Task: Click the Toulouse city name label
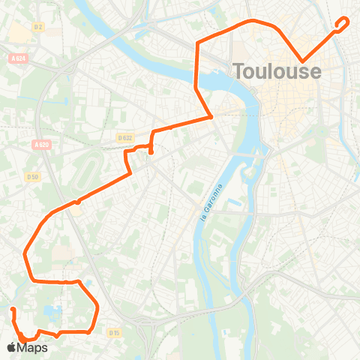(x=277, y=72)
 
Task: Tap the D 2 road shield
(x=39, y=26)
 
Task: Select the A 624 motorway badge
(x=19, y=58)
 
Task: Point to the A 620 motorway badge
(x=41, y=145)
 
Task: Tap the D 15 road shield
(x=114, y=332)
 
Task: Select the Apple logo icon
(x=10, y=348)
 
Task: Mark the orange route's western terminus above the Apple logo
(x=13, y=309)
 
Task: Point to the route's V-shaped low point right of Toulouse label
(x=302, y=61)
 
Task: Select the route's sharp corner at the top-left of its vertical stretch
(x=196, y=43)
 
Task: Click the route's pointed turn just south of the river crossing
(x=211, y=116)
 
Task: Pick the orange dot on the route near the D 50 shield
(x=77, y=201)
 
